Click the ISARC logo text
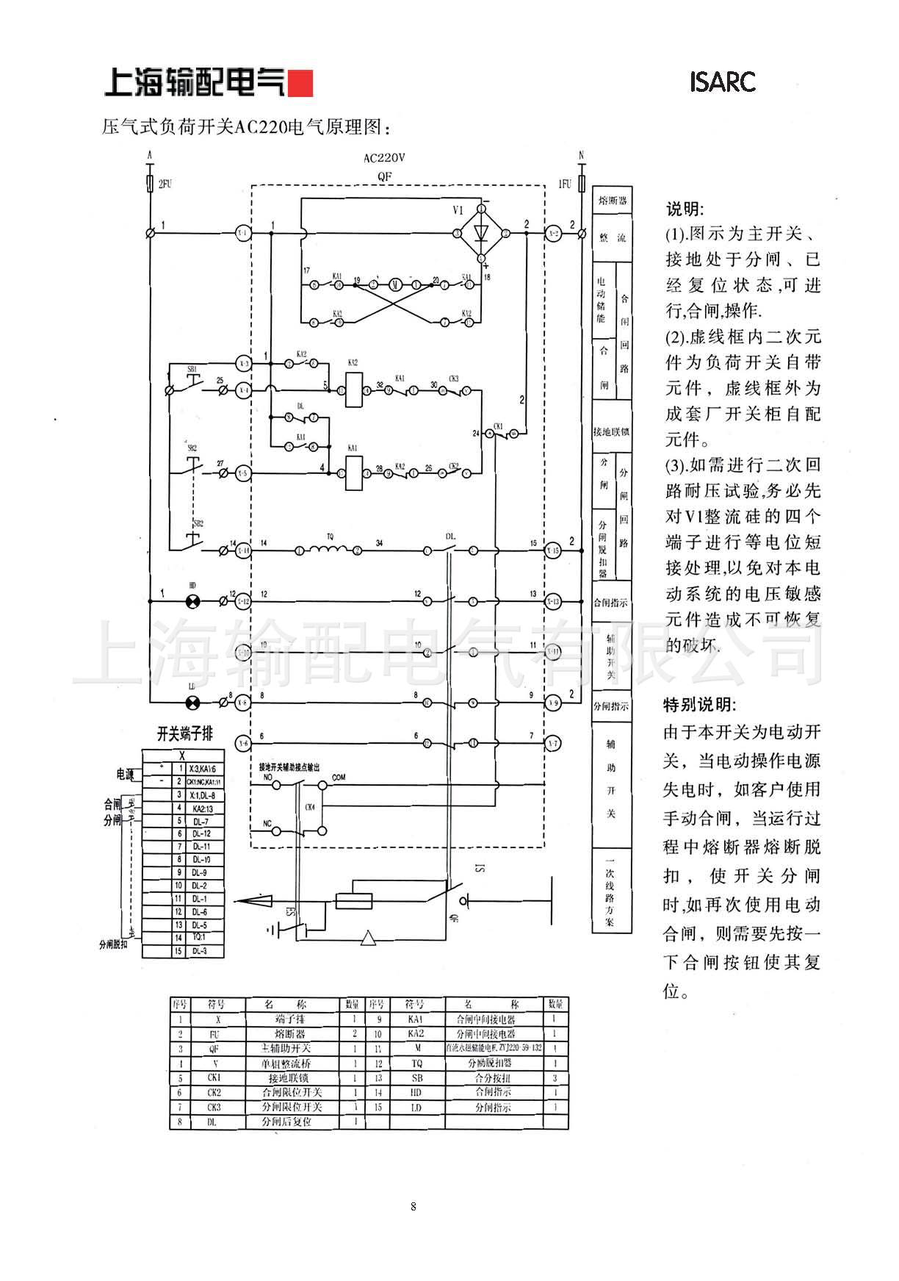(722, 82)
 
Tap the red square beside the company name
(300, 84)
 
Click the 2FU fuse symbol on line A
(150, 183)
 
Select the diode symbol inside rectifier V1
(482, 232)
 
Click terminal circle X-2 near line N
(553, 233)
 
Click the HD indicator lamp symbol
(192, 602)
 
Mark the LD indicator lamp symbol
(192, 703)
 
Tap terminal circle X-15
(552, 550)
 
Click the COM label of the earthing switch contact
(339, 777)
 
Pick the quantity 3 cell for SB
(555, 1078)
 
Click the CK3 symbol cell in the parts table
(214, 1107)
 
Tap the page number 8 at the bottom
(414, 1206)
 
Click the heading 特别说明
(699, 705)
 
